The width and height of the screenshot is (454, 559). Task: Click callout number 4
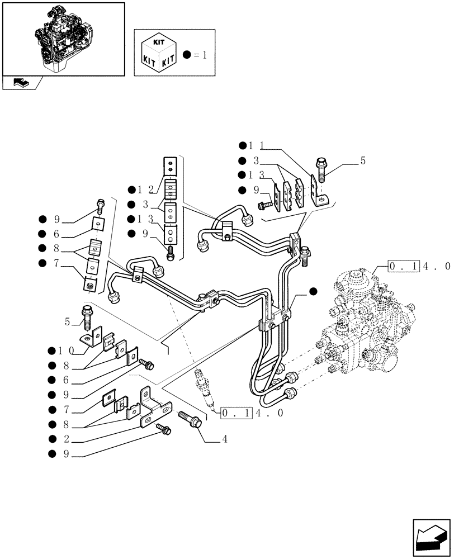(x=224, y=439)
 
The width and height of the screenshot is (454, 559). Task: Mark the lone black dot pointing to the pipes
(x=313, y=290)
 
